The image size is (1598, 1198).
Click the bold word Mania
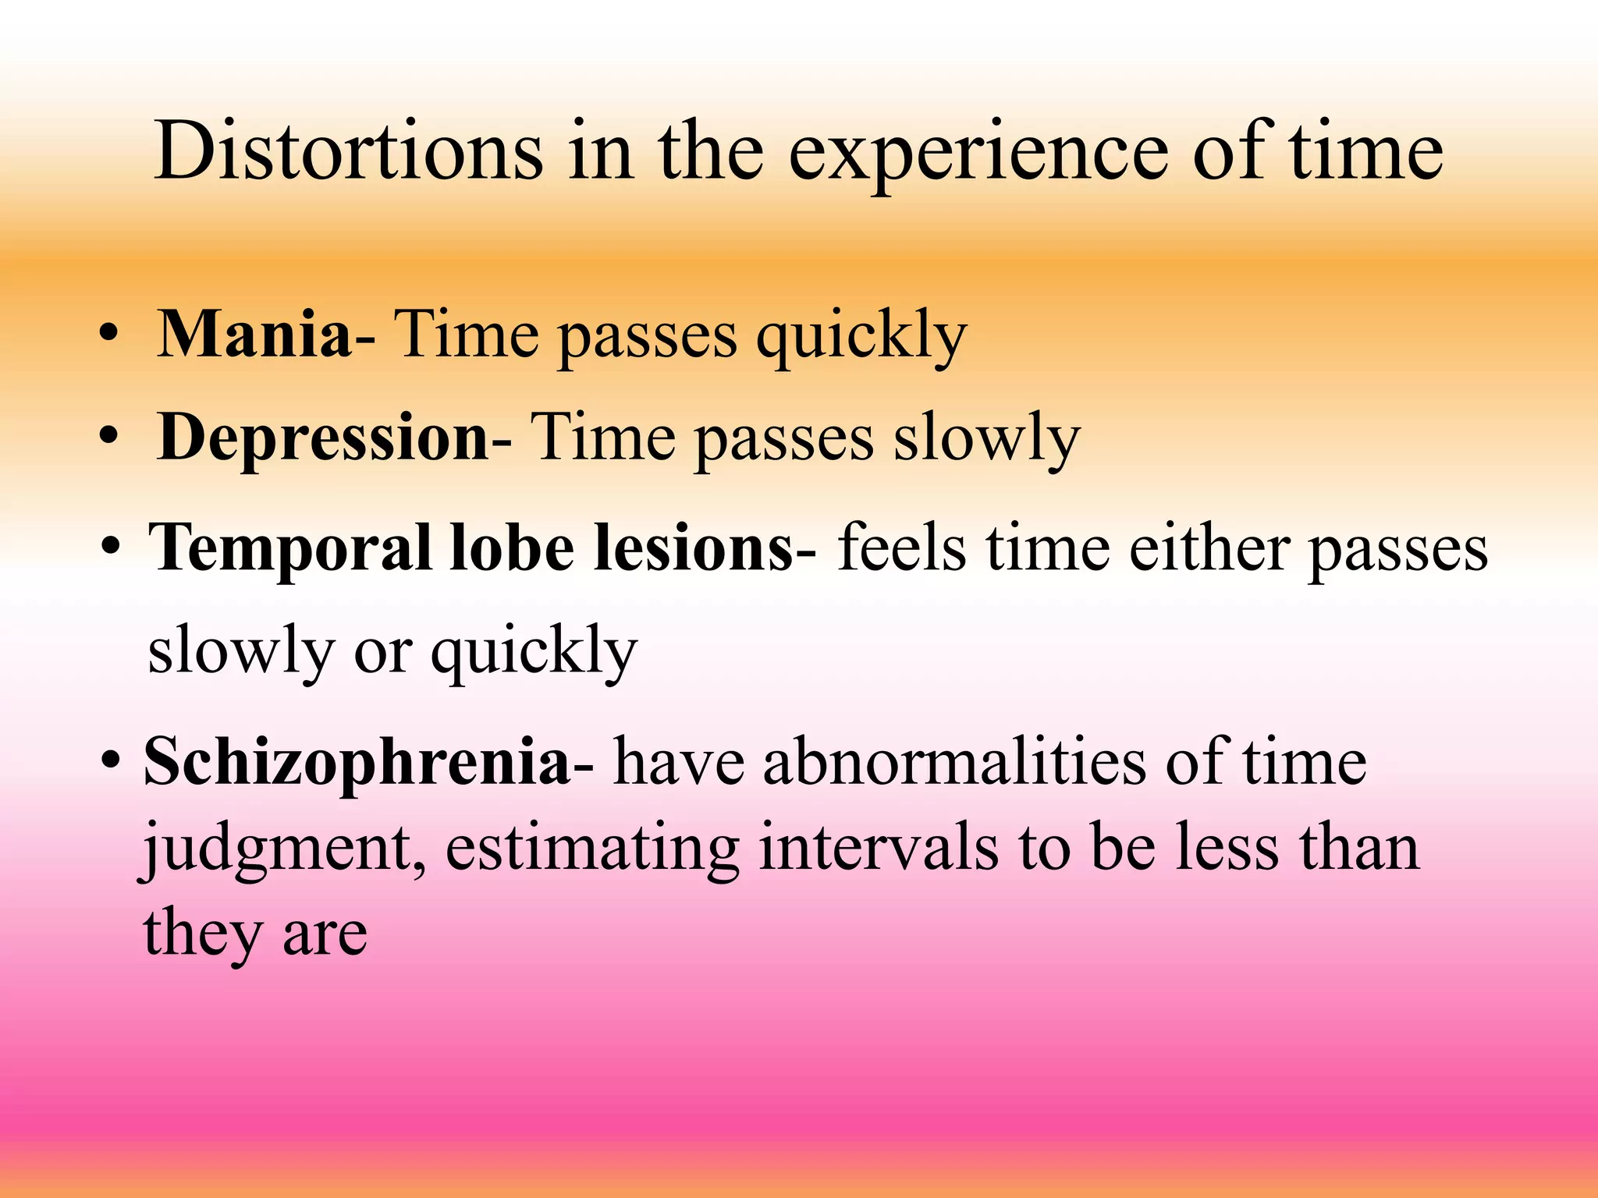point(254,334)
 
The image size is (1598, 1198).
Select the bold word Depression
point(322,438)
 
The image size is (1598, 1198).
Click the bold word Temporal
point(289,548)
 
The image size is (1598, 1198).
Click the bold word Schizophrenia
point(357,762)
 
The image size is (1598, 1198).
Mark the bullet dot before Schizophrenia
point(111,760)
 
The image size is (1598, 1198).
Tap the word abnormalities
point(955,762)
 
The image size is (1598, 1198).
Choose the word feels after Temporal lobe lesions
point(901,548)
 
